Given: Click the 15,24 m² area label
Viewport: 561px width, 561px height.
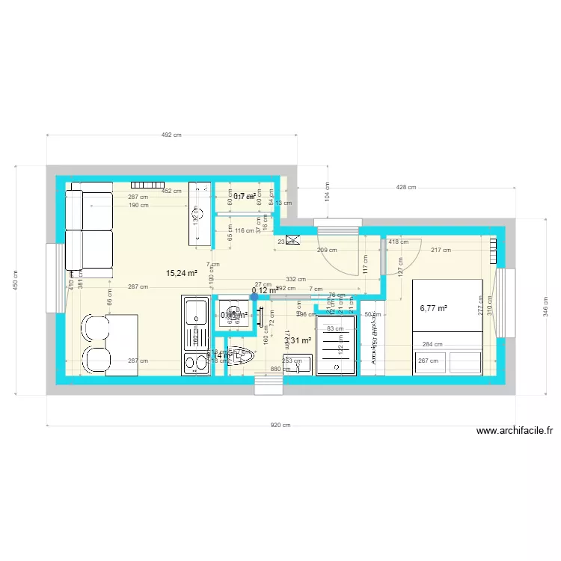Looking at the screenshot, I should (x=181, y=274).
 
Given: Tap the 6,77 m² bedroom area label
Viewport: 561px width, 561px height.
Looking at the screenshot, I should (x=433, y=307).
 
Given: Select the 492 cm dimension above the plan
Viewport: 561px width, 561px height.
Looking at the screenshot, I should (x=172, y=135).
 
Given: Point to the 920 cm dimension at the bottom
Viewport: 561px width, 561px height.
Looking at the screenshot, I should (x=280, y=425).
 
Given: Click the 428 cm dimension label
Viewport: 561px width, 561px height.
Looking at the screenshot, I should (x=406, y=188).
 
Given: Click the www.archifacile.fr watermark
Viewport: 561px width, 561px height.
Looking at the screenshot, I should (x=515, y=431).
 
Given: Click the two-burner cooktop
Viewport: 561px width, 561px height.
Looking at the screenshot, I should (x=196, y=364).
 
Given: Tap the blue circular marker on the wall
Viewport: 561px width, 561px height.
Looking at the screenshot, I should (x=254, y=296).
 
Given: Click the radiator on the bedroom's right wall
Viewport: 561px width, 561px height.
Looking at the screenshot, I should (x=493, y=249).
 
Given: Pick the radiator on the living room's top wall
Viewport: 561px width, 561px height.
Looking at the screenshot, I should (x=147, y=185).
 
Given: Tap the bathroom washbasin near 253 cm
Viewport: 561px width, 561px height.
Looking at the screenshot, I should (x=298, y=364).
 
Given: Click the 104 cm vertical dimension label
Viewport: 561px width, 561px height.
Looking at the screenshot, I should (x=326, y=191).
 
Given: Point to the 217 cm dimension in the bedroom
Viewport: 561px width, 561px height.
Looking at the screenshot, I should (x=441, y=251).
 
